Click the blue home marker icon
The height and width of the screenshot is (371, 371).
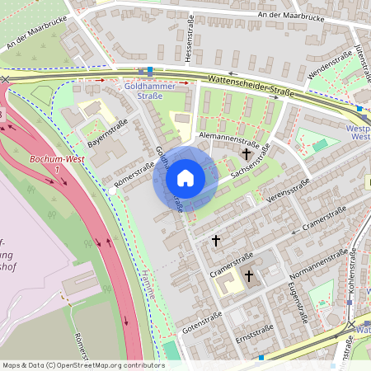pyautogui.click(x=185, y=178)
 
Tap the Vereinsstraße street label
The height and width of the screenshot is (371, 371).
pyautogui.click(x=289, y=189)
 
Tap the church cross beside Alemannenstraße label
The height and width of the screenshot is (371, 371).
pyautogui.click(x=247, y=153)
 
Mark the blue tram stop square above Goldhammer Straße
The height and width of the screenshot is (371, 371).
pyautogui.click(x=149, y=72)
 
